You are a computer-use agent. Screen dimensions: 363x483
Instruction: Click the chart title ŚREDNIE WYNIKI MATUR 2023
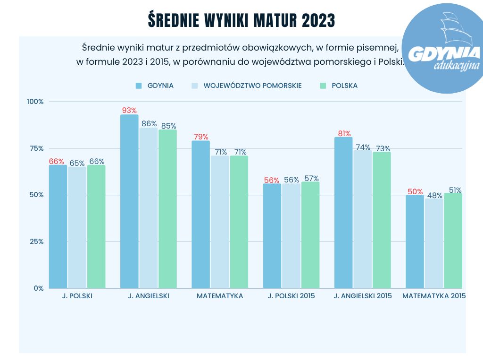(241, 20)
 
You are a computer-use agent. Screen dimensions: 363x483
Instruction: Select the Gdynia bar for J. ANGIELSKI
(129, 203)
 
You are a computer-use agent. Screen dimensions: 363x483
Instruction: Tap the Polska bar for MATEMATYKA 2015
(453, 241)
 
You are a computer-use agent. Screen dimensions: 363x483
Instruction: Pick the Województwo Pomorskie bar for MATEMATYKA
(220, 222)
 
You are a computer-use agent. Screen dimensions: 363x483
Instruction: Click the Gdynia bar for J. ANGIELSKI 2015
(343, 213)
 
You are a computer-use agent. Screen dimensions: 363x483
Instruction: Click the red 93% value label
(129, 111)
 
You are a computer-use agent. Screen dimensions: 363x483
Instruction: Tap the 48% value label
(433, 195)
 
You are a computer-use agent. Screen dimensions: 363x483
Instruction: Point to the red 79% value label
(200, 137)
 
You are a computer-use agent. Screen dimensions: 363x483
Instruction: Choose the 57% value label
(311, 179)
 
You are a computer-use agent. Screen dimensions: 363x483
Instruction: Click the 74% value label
(363, 147)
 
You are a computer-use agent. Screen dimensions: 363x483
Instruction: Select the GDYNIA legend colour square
(139, 86)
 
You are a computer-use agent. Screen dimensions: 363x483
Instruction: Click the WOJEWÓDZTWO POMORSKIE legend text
(252, 86)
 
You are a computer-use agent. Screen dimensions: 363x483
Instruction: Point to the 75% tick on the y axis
(36, 148)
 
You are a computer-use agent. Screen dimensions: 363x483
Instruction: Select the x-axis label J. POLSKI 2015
(291, 296)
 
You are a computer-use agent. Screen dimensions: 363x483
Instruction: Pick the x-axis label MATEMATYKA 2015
(433, 296)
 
